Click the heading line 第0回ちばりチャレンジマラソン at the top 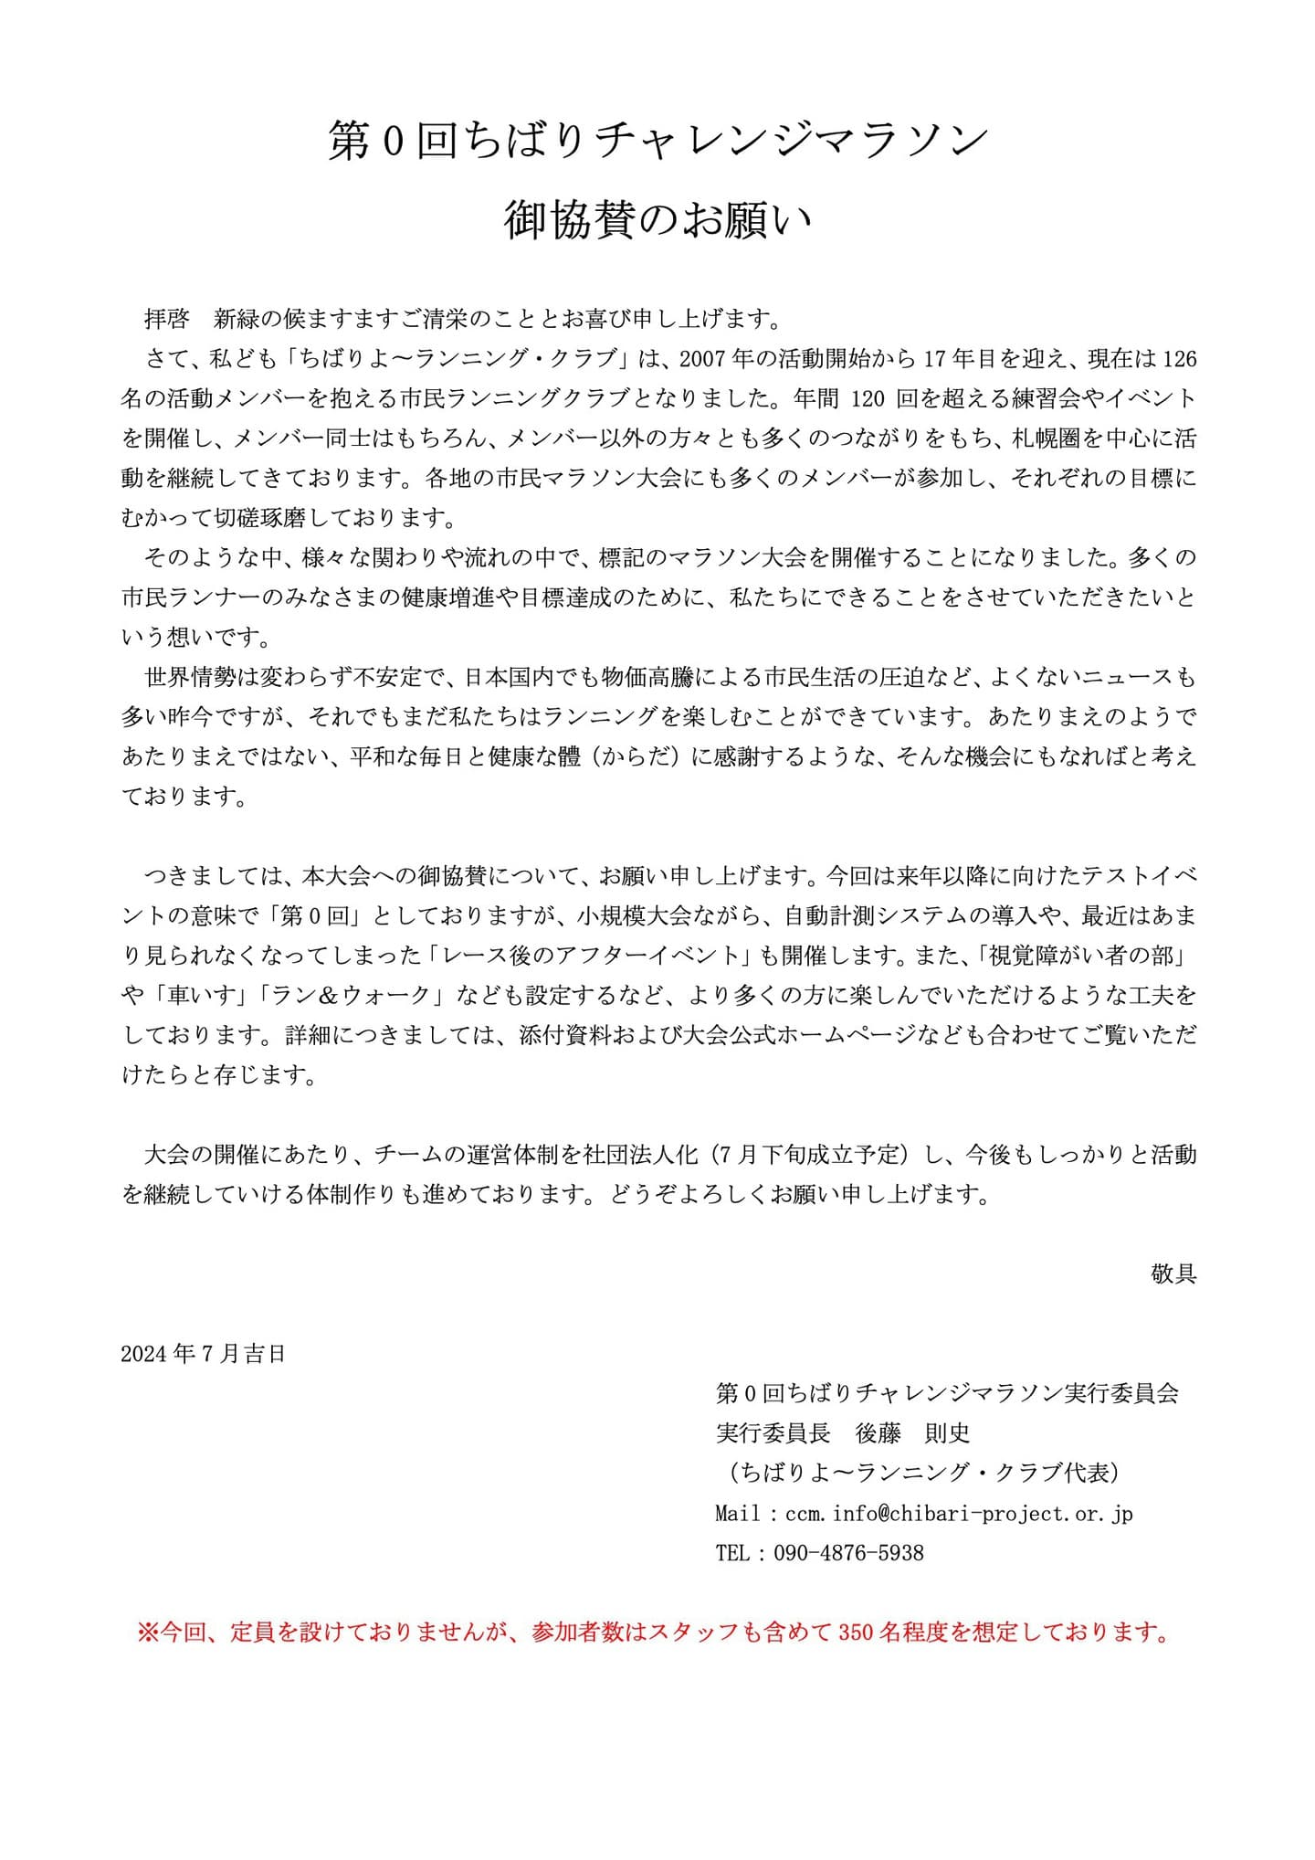tap(657, 143)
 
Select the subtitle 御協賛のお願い tap(657, 221)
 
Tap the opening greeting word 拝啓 tap(167, 319)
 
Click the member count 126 tap(1179, 359)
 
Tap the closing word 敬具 tap(1173, 1273)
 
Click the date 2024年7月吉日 tap(203, 1353)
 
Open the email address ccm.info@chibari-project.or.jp tap(959, 1513)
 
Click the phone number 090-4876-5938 tap(848, 1552)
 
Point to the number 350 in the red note tap(856, 1632)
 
